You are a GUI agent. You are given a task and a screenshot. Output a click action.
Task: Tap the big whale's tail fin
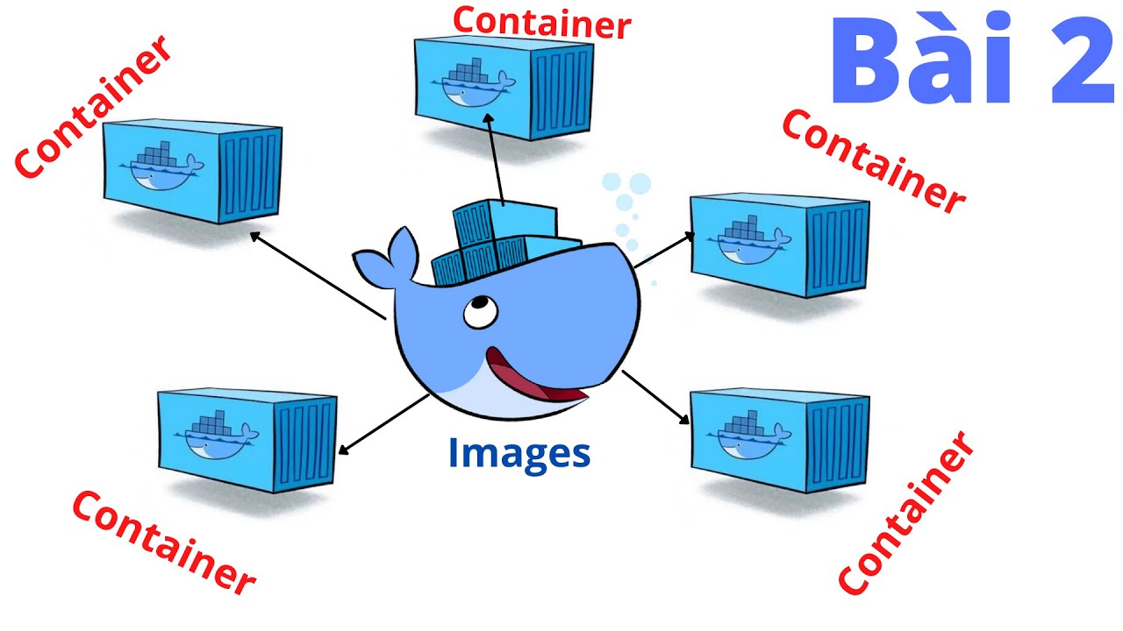tap(386, 259)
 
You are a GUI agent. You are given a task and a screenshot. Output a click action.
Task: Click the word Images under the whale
tap(519, 453)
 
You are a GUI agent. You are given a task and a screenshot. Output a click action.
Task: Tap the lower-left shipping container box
tap(247, 438)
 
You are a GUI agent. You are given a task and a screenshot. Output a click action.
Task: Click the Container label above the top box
tap(541, 21)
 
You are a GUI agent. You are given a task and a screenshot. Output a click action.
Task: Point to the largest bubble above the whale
tap(640, 184)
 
